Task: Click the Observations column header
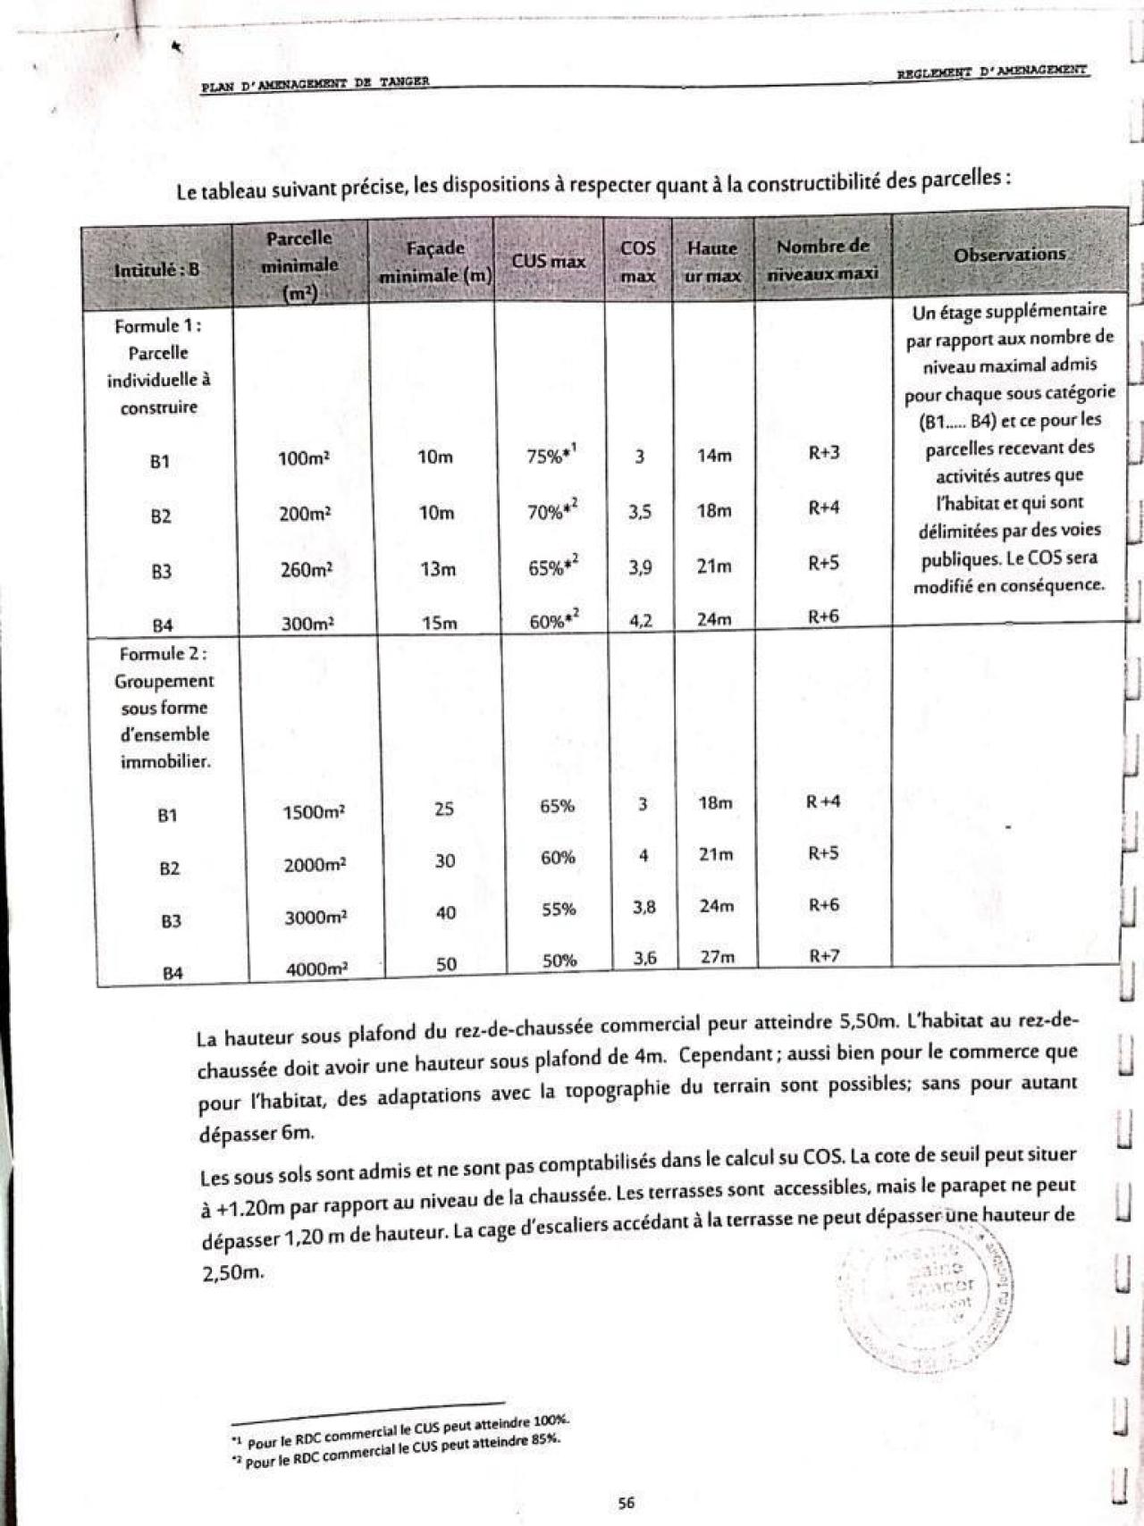(1009, 255)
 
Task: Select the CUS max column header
(549, 262)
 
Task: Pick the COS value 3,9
(640, 566)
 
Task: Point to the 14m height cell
(714, 456)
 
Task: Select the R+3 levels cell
(824, 452)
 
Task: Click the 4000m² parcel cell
(316, 968)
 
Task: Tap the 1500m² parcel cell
(314, 812)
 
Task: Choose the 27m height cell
(718, 957)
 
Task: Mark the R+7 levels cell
(824, 956)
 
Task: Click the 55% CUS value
(559, 910)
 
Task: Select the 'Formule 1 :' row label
(158, 326)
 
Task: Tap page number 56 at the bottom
(626, 1503)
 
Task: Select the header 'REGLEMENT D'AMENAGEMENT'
(992, 70)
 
